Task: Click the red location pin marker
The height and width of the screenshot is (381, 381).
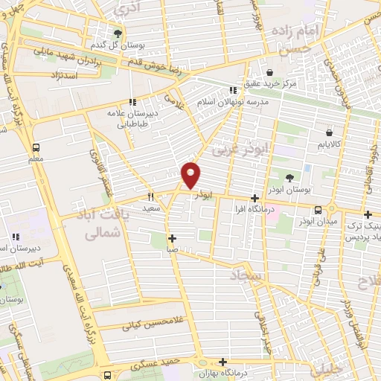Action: click(x=191, y=174)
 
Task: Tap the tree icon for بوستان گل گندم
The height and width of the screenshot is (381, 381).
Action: click(x=117, y=33)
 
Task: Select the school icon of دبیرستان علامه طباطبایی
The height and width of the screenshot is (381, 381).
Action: click(x=132, y=102)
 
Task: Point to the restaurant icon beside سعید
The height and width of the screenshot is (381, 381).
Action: click(x=150, y=197)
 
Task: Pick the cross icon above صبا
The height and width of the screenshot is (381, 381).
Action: click(x=172, y=239)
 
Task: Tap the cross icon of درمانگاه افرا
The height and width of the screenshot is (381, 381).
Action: click(x=255, y=198)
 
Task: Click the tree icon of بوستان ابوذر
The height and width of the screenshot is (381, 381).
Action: click(x=289, y=177)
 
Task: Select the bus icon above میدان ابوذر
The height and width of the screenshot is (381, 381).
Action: click(x=318, y=210)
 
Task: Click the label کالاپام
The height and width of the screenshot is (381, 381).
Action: click(x=327, y=141)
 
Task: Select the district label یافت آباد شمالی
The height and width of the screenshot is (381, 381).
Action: click(x=103, y=223)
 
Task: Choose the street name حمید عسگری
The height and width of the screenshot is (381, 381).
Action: click(x=152, y=364)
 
